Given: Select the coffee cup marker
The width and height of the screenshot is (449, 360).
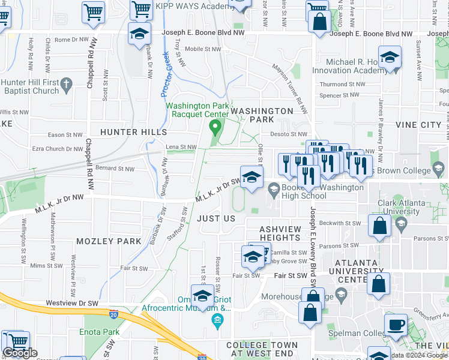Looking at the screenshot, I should point(395,325).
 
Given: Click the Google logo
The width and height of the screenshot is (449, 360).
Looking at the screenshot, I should point(19,353).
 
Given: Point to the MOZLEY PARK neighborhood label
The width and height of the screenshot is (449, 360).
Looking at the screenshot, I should point(109,241).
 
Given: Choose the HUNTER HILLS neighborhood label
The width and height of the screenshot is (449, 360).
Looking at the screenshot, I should point(133,131).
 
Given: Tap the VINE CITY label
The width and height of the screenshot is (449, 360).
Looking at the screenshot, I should point(418,125).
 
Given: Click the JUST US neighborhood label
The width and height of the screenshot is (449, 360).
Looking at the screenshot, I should point(216,218).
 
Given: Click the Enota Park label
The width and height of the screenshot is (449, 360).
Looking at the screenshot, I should point(97,331).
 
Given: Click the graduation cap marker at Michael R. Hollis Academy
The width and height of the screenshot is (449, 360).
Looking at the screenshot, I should point(390,58).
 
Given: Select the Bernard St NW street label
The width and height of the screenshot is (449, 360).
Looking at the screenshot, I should point(114,169).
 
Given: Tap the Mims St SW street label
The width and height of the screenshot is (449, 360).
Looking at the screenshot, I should point(46,265).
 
